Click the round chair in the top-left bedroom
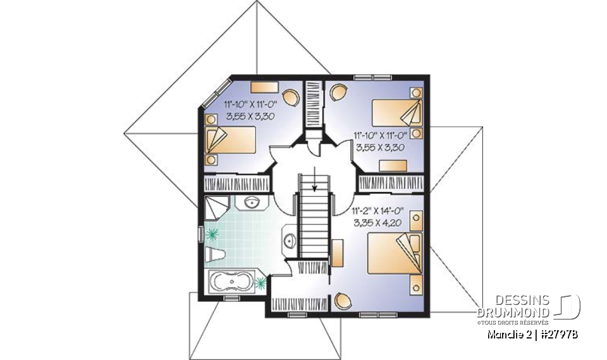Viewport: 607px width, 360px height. (x=291, y=96)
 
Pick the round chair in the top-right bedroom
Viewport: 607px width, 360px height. (x=338, y=92)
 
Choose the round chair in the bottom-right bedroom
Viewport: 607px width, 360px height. (x=344, y=301)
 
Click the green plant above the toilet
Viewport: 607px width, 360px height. (x=213, y=233)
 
